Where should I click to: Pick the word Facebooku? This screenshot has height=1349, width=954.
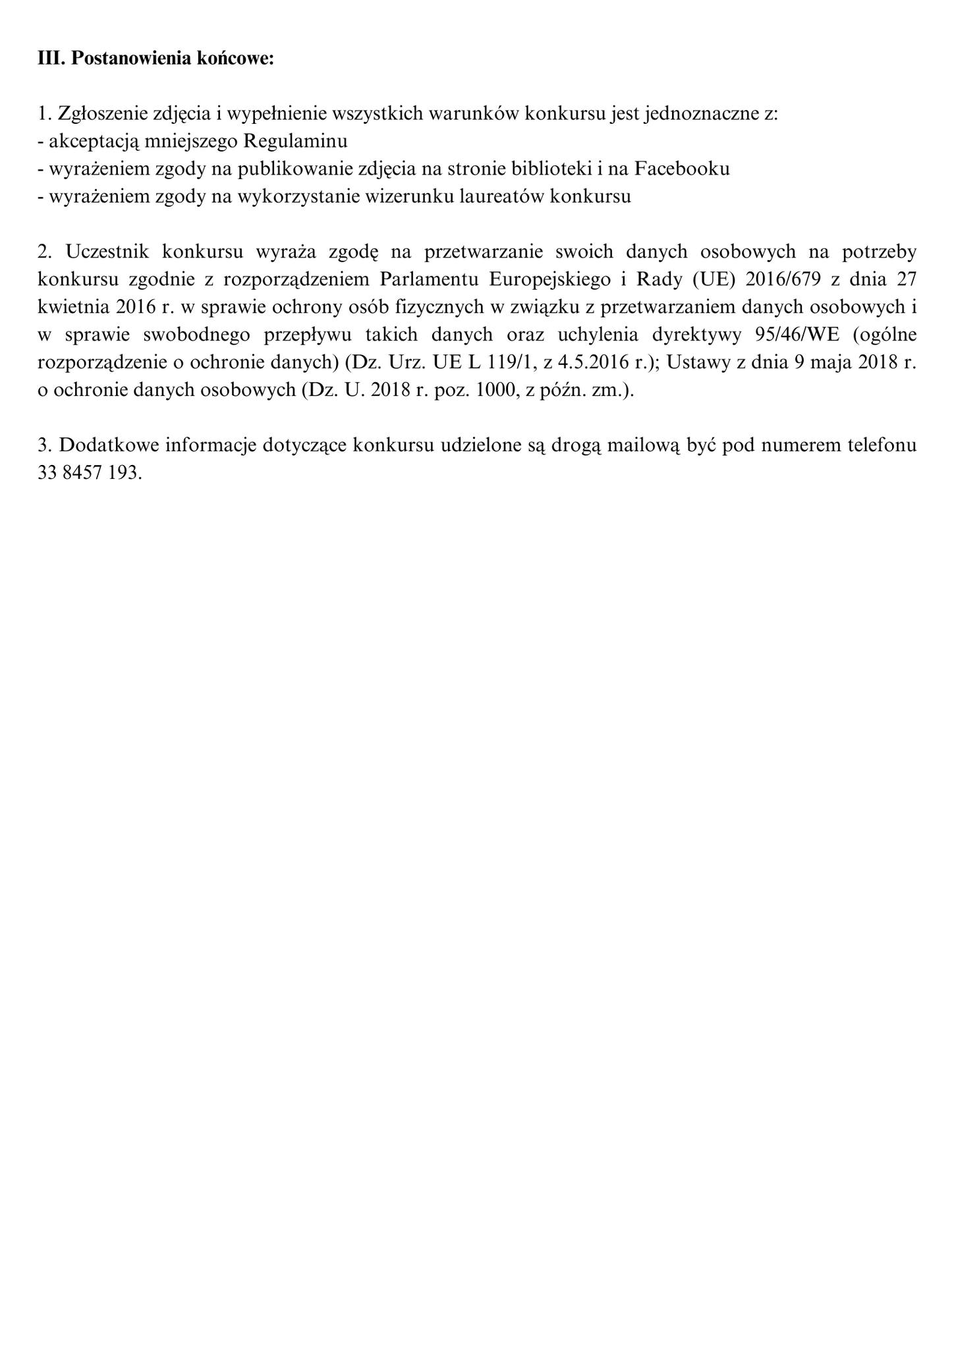(682, 169)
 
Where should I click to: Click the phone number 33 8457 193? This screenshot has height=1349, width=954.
(90, 473)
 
